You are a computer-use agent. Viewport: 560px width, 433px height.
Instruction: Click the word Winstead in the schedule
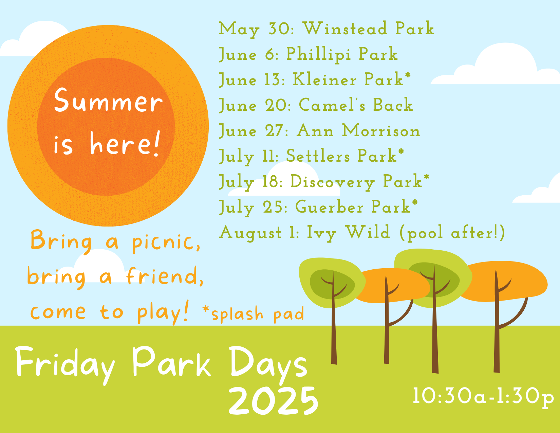(345, 28)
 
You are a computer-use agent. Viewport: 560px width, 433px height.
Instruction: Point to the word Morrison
(381, 130)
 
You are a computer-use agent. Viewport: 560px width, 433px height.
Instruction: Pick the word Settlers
(318, 156)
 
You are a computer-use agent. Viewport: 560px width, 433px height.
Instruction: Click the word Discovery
(333, 182)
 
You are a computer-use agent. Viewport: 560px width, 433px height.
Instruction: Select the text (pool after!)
(452, 233)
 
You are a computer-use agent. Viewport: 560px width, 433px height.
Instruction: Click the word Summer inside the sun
(108, 100)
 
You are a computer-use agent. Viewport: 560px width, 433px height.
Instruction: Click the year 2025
(274, 401)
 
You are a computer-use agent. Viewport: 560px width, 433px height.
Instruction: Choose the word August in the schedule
(250, 233)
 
